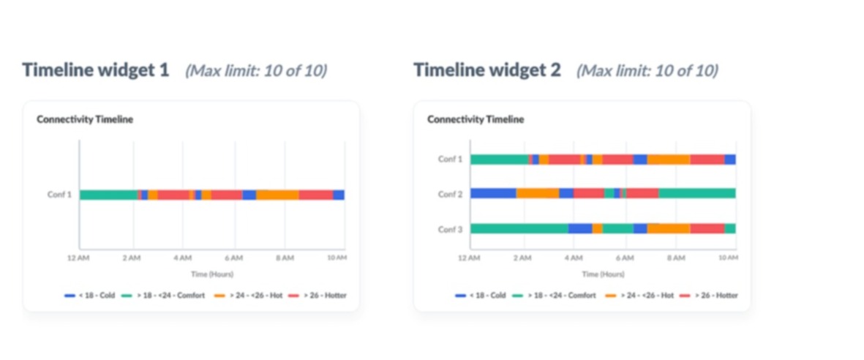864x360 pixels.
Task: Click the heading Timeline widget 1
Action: pyautogui.click(x=96, y=70)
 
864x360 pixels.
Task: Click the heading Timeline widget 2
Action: pyautogui.click(x=487, y=70)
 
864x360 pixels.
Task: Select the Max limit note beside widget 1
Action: pyautogui.click(x=255, y=71)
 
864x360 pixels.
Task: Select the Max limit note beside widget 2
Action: pyautogui.click(x=647, y=71)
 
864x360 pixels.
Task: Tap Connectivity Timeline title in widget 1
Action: pyautogui.click(x=85, y=119)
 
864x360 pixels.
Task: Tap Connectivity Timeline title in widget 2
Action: pyautogui.click(x=476, y=119)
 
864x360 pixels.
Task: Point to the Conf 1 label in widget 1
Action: pyautogui.click(x=59, y=195)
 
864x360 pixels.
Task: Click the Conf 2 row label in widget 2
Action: pyautogui.click(x=450, y=194)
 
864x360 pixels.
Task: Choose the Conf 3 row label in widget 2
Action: pyautogui.click(x=450, y=229)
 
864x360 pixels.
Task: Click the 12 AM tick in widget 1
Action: pyautogui.click(x=78, y=258)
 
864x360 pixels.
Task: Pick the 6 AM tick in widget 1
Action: pyautogui.click(x=233, y=258)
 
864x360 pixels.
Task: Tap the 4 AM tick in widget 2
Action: pyautogui.click(x=573, y=258)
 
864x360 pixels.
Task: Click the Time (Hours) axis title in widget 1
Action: pyautogui.click(x=211, y=274)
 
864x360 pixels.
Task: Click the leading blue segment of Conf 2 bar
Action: pyautogui.click(x=492, y=193)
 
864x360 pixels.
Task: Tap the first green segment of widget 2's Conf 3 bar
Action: pyautogui.click(x=518, y=228)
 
